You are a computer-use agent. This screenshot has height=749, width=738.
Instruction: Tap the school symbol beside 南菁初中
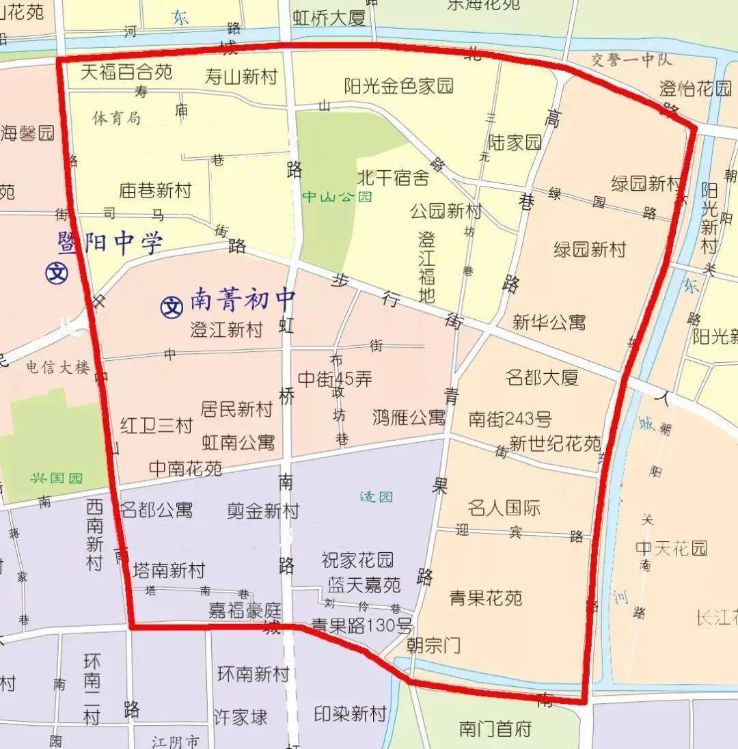tap(171, 306)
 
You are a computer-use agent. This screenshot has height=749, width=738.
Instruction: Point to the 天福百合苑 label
tap(126, 71)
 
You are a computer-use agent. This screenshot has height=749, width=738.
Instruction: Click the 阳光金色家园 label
tap(398, 86)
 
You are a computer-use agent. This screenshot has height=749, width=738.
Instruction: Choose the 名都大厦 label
tap(542, 377)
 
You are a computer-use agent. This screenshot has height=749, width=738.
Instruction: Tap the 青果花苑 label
tap(486, 598)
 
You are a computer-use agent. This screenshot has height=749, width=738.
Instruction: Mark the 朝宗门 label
tap(433, 644)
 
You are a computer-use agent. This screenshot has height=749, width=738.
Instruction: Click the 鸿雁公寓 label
tap(409, 417)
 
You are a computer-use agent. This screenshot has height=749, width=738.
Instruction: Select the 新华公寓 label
tap(549, 322)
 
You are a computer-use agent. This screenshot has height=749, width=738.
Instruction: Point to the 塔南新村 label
tap(168, 570)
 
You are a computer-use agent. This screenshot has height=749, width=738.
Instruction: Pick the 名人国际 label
tap(504, 508)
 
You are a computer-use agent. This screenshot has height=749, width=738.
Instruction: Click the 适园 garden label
tap(376, 496)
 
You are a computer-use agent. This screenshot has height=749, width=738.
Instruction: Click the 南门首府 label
tap(495, 728)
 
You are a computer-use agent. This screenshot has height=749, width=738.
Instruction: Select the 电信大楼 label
tap(58, 367)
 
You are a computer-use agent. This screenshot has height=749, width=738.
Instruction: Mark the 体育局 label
tap(116, 118)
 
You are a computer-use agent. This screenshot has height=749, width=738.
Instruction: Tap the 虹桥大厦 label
tap(329, 18)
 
